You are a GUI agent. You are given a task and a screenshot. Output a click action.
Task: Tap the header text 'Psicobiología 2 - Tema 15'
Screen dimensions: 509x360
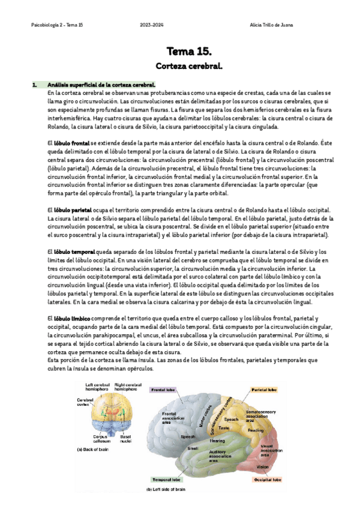coord(57,25)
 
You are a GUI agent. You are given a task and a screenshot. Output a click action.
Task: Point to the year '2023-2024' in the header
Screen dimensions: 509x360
coord(151,25)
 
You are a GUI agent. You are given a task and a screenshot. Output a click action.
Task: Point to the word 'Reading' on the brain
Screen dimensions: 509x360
coord(255,430)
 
